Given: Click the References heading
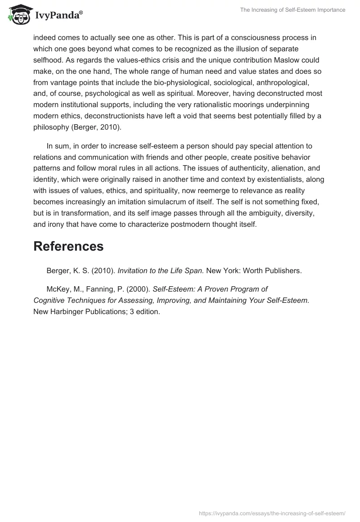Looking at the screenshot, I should tap(68, 246).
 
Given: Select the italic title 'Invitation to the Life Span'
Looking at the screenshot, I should tap(161, 270).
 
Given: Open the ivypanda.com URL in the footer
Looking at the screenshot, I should tap(272, 513).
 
